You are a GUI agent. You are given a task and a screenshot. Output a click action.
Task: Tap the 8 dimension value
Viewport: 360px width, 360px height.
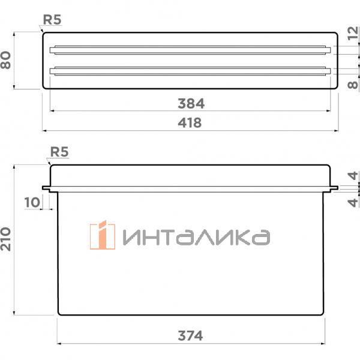coord(353,85)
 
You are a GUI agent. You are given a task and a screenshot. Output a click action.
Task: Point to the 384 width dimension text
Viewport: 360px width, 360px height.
coord(191,103)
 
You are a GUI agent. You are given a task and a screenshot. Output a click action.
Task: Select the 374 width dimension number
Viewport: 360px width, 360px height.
coord(191,335)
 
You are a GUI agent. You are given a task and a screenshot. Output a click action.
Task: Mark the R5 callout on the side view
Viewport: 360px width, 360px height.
coord(58,153)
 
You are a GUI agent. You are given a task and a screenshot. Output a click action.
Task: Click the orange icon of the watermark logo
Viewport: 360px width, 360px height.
coord(102,236)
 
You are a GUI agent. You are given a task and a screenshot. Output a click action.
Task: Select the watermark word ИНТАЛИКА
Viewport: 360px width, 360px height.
coord(196,237)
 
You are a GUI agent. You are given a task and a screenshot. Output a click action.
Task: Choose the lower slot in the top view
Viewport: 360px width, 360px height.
coord(191,71)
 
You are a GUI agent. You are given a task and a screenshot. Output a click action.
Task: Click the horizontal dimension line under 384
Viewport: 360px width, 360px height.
coord(120,110)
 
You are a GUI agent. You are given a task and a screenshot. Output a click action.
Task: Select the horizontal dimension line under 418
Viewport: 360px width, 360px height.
coord(120,130)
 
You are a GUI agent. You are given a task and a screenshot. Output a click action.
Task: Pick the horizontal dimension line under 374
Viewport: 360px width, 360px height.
coord(120,344)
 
